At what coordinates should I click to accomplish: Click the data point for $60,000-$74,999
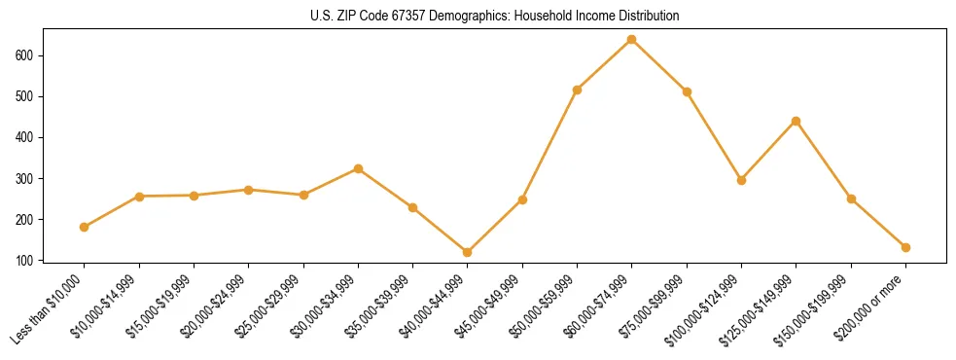coord(632,40)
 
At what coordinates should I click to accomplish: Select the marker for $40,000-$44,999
coord(468,252)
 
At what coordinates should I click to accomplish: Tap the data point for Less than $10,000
coord(85,227)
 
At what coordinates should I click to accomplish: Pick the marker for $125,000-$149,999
coord(797,121)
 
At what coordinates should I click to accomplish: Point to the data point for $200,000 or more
coord(905,247)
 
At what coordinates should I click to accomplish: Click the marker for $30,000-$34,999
coord(358,168)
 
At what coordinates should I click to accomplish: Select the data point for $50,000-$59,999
coord(578,90)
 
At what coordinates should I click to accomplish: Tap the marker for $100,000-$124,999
coord(741,180)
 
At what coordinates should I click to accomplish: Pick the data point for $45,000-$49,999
coord(522,199)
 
